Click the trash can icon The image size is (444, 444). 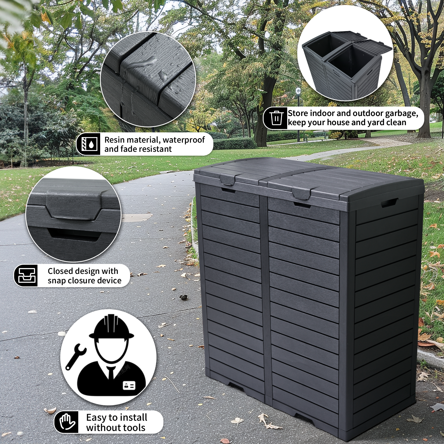click(x=276, y=118)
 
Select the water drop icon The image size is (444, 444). click(x=89, y=144)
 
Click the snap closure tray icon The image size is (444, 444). click(x=26, y=275)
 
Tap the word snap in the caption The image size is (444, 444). click(x=57, y=281)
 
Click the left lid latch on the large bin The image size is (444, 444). click(x=228, y=179)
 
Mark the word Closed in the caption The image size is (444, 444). click(x=60, y=271)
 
